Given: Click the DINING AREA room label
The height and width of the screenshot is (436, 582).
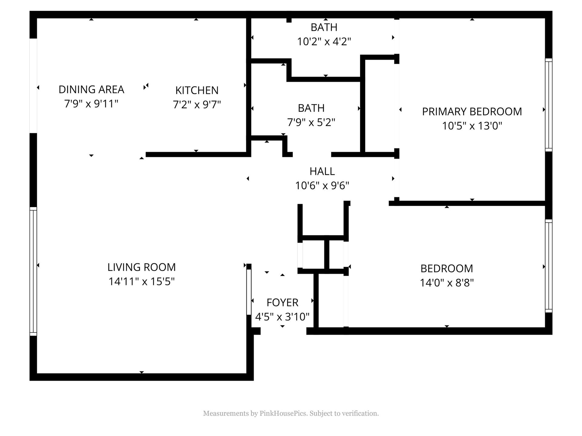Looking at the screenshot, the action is pos(91,90).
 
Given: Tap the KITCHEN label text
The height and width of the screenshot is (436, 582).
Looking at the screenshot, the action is pos(197,91).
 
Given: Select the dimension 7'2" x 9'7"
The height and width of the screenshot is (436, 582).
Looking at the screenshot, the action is pos(197,105).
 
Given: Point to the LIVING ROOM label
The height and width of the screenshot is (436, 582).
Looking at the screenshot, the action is pos(142,267).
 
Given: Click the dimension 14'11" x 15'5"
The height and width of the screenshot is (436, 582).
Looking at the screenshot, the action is pos(142,282).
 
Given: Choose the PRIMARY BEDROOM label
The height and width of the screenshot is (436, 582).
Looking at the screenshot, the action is pos(472,112).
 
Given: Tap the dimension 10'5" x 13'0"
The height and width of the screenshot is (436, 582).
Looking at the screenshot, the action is pos(472,126).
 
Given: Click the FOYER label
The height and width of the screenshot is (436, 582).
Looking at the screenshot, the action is pos(282,303).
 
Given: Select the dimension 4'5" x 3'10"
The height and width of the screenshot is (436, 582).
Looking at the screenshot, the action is pos(282,317).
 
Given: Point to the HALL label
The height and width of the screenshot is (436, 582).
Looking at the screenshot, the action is pos(322,171).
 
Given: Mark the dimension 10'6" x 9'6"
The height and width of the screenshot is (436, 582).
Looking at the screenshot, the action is pos(322,185).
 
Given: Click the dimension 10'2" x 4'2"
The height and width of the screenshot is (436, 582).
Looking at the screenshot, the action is pos(324,41).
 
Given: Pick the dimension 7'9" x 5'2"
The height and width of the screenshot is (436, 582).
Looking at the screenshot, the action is pos(311,122).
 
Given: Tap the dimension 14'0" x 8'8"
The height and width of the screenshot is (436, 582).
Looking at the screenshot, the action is pos(447,283).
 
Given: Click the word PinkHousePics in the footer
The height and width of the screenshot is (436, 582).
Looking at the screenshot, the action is pos(283,414).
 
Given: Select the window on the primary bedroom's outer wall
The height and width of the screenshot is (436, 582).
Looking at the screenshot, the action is pos(549,105).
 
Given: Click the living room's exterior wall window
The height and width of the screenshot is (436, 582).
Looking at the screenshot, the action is pos(33,272).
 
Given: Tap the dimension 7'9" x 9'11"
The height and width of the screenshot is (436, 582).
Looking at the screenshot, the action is pos(91,104).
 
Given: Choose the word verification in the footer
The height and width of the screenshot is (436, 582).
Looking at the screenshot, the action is pos(360,414).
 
